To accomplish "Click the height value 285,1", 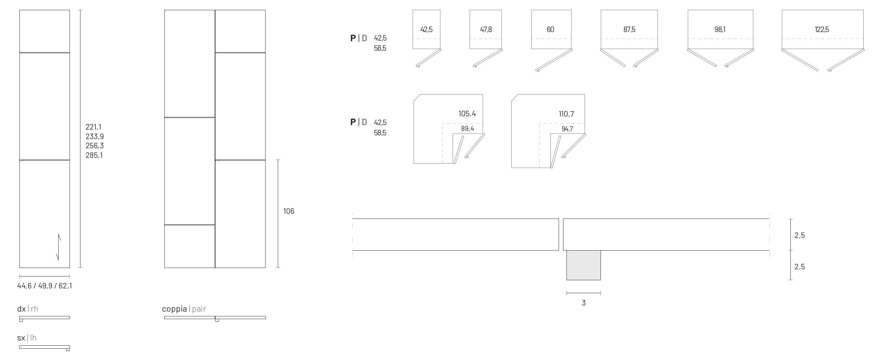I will coord(94,155).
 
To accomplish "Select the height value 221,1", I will coord(93,127).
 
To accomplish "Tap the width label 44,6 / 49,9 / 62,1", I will coord(45,286).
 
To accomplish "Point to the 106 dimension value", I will coord(289,211).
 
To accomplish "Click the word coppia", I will coord(174,309).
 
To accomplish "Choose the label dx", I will coord(21,309).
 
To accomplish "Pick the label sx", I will coord(21,338).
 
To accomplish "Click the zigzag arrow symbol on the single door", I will coord(59,247).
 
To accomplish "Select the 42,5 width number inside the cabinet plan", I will coord(426,30).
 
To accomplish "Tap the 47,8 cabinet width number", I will coord(486,30).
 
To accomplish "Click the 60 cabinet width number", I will coord(550,30).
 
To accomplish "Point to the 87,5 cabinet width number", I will coord(629,30).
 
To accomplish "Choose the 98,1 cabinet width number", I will coord(720,30).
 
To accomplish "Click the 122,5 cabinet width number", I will coord(822,30).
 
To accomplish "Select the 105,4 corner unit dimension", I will coord(467,114).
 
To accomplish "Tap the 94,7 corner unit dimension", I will coord(567,129).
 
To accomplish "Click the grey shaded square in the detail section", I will coord(584,265).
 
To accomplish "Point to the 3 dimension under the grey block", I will coord(584,303).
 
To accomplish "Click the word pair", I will coord(199,309).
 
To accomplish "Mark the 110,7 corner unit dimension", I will coord(566,114).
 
